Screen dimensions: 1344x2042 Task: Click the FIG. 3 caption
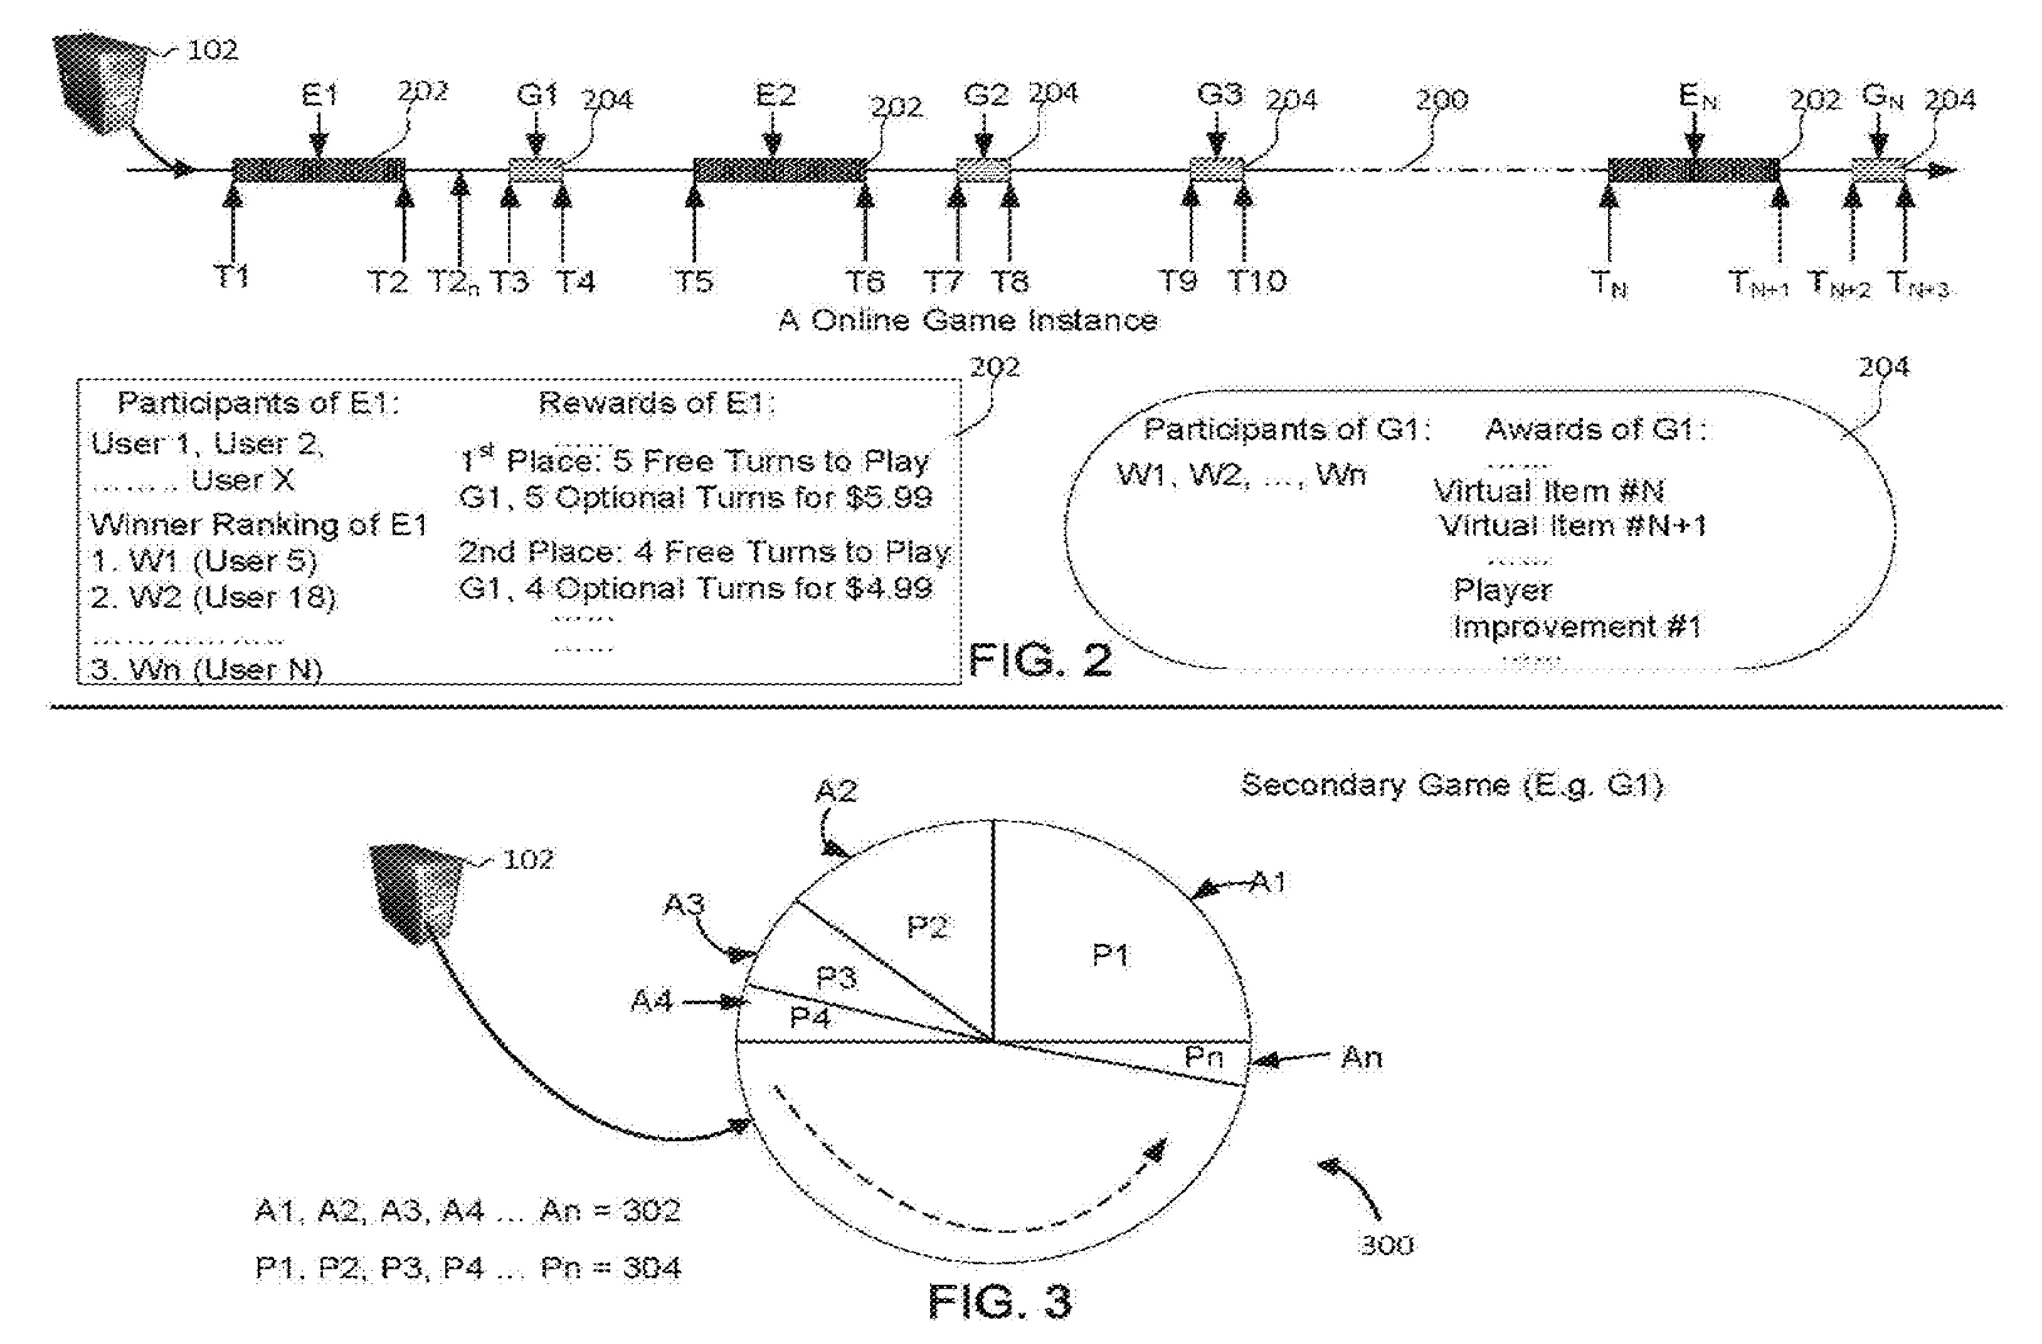(1000, 1302)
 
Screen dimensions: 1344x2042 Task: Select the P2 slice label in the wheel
(927, 927)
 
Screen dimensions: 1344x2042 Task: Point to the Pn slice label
(1203, 1057)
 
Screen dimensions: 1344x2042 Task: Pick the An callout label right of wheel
(1361, 1058)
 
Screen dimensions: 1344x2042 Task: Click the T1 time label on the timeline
(231, 277)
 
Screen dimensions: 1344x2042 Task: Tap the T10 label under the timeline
(1257, 280)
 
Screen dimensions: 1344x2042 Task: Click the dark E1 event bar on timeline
(319, 170)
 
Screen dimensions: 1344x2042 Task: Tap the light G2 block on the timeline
(983, 170)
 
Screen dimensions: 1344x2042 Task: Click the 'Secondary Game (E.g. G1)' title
(1452, 785)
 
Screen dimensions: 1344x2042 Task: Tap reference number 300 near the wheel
(1387, 1244)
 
